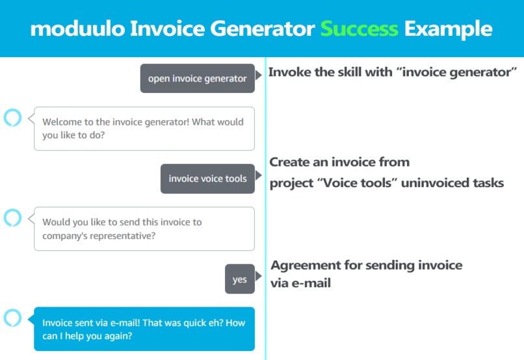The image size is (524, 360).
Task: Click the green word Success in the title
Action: (x=359, y=29)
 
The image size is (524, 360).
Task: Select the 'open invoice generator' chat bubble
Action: (x=197, y=79)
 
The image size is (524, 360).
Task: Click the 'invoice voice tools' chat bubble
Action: (x=207, y=179)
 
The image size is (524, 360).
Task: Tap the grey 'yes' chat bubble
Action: (x=239, y=279)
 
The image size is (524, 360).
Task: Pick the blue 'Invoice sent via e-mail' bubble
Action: (x=144, y=329)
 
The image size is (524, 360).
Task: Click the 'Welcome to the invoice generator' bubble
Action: (x=144, y=129)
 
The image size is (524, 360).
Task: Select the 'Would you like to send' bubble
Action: (x=144, y=229)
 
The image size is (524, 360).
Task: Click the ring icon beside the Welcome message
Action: (x=12, y=118)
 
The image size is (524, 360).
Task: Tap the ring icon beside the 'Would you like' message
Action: (x=12, y=218)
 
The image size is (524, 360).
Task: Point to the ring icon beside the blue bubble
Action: (x=12, y=318)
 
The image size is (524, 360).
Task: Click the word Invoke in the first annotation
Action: (x=290, y=72)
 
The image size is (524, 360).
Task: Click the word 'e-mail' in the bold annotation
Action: (x=311, y=283)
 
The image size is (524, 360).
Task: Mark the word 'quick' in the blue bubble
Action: (x=191, y=322)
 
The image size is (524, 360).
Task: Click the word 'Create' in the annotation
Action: (x=289, y=162)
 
